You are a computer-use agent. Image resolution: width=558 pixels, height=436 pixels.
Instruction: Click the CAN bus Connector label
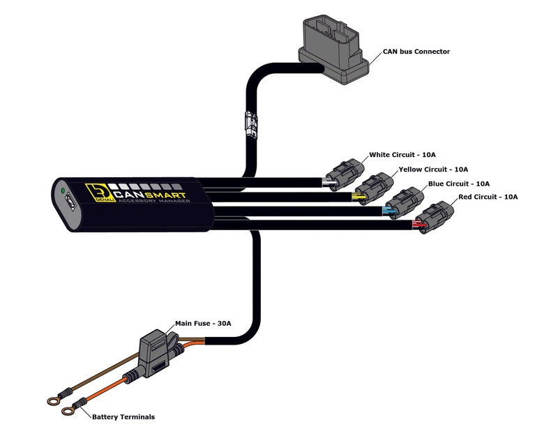pyautogui.click(x=416, y=52)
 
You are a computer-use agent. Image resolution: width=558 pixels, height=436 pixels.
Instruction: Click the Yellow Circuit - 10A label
pyautogui.click(x=433, y=170)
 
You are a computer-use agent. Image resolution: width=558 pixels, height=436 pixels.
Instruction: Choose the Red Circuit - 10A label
pyautogui.click(x=488, y=197)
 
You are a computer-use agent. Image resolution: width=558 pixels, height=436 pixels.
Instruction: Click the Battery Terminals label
pyautogui.click(x=123, y=417)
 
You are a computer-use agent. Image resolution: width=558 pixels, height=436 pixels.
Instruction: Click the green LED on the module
pyautogui.click(x=63, y=190)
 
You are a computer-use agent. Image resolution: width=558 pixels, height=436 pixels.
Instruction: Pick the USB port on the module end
pyautogui.click(x=70, y=209)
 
